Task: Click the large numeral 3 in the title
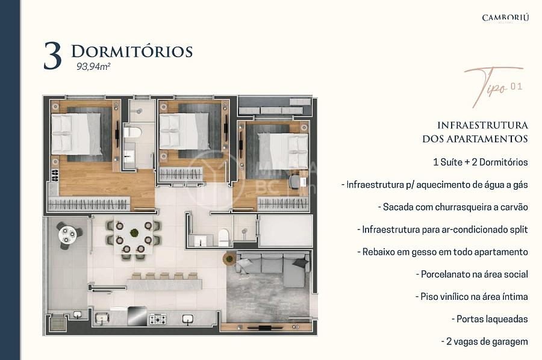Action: pos(52,57)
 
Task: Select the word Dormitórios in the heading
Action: pos(132,52)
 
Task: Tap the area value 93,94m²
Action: pos(93,67)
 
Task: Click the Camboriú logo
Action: pos(505,18)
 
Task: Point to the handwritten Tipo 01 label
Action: pos(494,85)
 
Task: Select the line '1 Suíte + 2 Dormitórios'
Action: pos(480,162)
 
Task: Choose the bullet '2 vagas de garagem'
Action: pos(485,341)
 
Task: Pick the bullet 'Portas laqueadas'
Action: pos(490,319)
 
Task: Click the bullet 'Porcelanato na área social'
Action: pos(472,275)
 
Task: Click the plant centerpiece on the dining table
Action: pos(134,232)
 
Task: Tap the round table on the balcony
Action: pos(67,234)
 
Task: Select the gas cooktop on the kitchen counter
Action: pos(158,319)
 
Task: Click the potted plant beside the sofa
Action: pos(229,258)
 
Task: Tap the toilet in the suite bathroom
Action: pos(132,132)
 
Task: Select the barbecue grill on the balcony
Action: pos(57,323)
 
